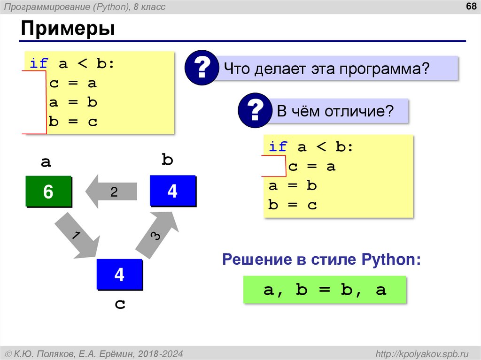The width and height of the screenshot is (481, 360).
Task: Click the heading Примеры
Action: [x=68, y=29]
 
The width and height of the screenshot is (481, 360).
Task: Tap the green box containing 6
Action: [x=48, y=191]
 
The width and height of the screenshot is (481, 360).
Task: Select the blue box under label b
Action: [x=172, y=191]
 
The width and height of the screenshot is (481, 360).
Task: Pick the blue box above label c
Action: [x=119, y=274]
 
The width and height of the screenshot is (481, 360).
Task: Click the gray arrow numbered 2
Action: [x=111, y=191]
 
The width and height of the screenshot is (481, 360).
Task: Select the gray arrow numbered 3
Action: [x=157, y=235]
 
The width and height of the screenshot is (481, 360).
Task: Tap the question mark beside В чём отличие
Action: [x=255, y=111]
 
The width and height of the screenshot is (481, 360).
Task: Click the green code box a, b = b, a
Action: [x=325, y=290]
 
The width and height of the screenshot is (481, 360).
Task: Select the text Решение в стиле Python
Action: [x=321, y=259]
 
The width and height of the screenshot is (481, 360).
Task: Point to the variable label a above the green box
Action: [x=46, y=162]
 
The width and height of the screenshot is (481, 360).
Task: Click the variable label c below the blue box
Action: [x=120, y=304]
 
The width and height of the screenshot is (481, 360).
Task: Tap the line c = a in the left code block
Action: [x=72, y=83]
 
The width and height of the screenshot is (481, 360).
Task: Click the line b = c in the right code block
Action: [x=293, y=205]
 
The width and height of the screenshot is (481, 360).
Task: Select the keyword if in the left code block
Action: [x=39, y=64]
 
